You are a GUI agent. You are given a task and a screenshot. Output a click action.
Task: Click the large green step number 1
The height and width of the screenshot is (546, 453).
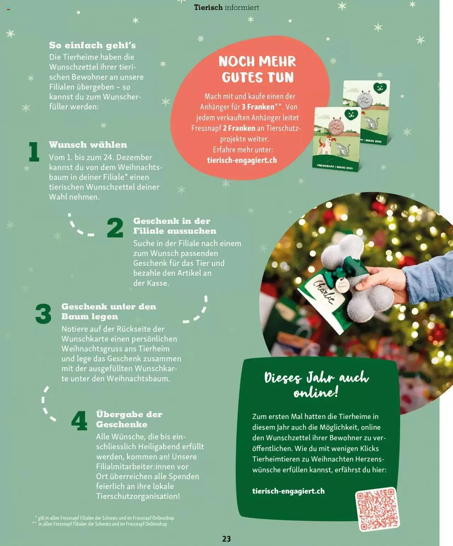click(34, 152)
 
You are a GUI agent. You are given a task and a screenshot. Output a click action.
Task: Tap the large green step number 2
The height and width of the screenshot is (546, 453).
click(115, 228)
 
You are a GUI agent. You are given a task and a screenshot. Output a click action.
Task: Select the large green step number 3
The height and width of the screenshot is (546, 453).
click(44, 314)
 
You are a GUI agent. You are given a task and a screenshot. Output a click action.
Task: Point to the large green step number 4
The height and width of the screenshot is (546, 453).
click(79, 421)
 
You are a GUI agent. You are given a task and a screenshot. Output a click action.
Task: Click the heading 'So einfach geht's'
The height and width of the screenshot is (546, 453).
click(92, 45)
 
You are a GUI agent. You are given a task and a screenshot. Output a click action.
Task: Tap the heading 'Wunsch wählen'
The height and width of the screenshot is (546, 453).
click(88, 145)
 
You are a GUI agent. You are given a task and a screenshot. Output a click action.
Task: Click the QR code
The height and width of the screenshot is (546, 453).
click(377, 509)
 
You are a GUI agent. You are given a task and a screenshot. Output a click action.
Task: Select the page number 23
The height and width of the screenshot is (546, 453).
click(226, 539)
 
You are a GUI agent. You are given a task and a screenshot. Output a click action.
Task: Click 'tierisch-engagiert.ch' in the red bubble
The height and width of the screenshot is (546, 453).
click(242, 160)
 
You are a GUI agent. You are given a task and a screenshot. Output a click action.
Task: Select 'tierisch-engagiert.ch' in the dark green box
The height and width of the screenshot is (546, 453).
click(288, 491)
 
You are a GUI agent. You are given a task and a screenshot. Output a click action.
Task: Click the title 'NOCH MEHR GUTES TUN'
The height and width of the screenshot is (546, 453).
click(257, 69)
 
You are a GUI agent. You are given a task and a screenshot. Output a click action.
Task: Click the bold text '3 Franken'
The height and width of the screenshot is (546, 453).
click(258, 107)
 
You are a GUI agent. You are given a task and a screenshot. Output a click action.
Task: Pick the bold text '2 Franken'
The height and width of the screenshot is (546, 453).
click(239, 128)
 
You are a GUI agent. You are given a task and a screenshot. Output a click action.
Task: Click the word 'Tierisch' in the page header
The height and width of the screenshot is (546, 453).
click(208, 7)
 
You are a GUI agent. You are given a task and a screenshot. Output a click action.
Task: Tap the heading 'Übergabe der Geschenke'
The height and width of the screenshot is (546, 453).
click(129, 419)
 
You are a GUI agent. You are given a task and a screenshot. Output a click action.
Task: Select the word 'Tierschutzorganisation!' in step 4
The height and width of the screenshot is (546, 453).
click(138, 496)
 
